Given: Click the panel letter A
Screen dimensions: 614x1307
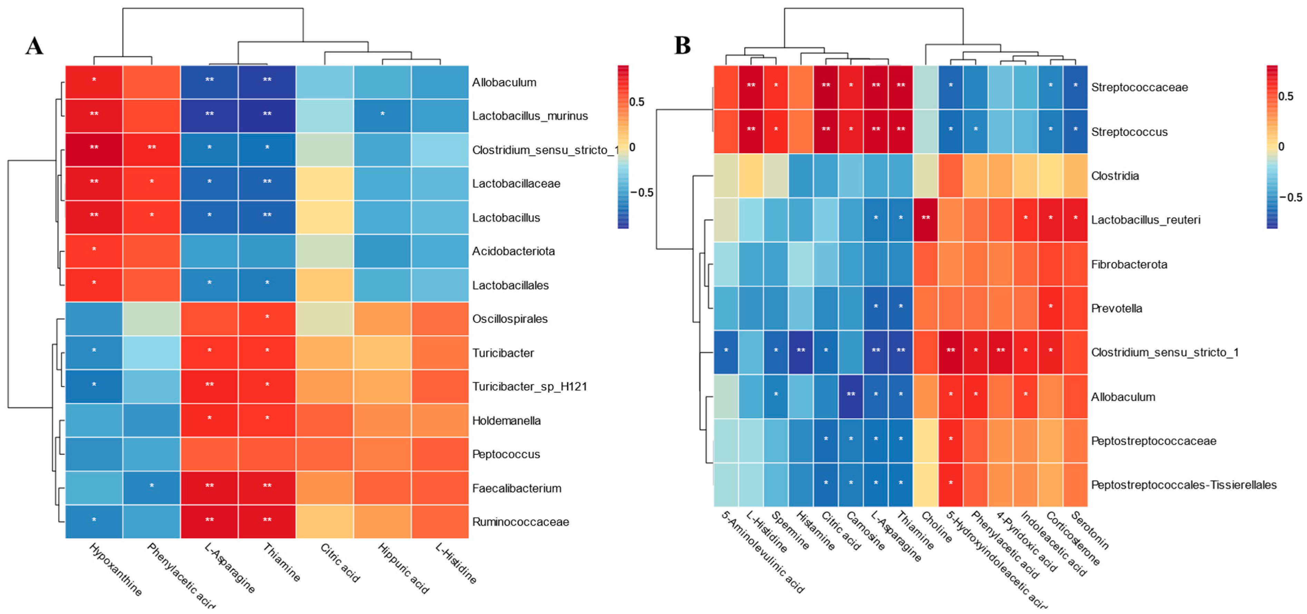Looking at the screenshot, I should (x=35, y=46).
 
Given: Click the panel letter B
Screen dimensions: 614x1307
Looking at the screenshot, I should (x=682, y=45).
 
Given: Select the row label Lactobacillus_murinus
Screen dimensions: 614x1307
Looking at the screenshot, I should (x=530, y=116).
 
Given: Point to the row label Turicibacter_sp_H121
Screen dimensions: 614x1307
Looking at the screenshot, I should (x=529, y=387).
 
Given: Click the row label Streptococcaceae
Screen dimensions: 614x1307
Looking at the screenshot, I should (x=1139, y=87).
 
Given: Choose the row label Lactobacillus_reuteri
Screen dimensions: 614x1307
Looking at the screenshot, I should (x=1146, y=220).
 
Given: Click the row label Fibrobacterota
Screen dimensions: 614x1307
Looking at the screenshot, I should (x=1129, y=264).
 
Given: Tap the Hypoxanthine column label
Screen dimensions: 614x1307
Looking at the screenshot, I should (x=116, y=569).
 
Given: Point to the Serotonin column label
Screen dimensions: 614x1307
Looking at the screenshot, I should (x=1090, y=530).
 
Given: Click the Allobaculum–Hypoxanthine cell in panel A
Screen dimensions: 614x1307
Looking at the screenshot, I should (x=94, y=82).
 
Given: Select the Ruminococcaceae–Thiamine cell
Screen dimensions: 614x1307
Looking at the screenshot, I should (x=267, y=521).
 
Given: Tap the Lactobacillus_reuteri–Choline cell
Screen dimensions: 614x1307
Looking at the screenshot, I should (x=925, y=220).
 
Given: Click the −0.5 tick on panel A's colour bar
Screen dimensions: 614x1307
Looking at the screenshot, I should (x=642, y=192).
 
